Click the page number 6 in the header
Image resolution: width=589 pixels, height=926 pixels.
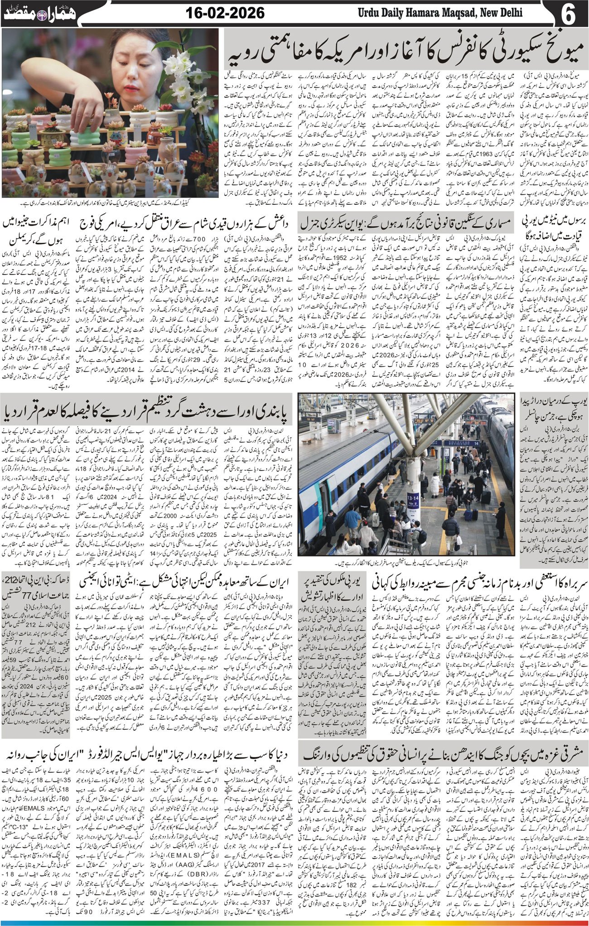pos(569,13)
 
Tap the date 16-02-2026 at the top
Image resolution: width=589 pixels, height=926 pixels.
pos(225,13)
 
